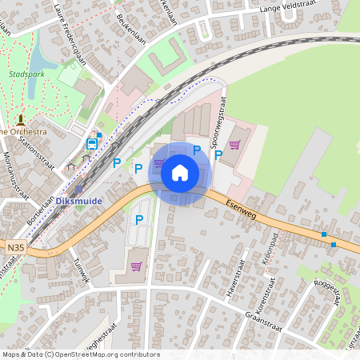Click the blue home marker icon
click(x=180, y=173)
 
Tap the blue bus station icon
click(x=92, y=144)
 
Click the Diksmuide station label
click(x=79, y=201)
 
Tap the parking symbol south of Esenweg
click(x=139, y=219)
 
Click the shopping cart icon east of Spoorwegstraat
click(x=234, y=145)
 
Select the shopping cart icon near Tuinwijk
click(x=136, y=266)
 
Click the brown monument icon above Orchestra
click(x=20, y=118)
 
